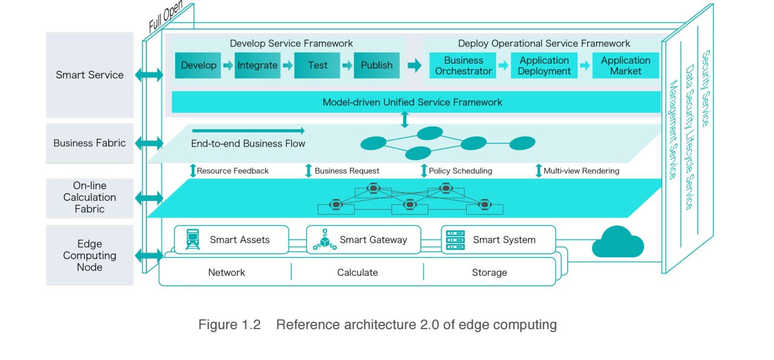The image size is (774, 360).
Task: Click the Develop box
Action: [198, 65]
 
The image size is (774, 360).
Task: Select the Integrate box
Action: [258, 65]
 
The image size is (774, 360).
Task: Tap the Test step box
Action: [317, 65]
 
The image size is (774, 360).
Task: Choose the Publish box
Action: [377, 65]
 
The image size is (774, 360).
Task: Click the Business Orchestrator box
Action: [463, 65]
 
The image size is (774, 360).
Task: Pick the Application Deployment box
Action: [544, 65]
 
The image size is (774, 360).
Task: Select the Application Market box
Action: [625, 65]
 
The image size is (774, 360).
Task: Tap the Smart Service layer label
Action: [89, 75]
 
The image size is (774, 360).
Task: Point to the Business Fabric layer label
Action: [89, 143]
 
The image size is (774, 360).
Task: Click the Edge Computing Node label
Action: [89, 255]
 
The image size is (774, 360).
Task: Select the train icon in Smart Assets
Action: [192, 239]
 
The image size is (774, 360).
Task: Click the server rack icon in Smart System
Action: [455, 240]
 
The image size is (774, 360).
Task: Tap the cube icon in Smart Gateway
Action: [325, 240]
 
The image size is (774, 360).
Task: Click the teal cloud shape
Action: [618, 242]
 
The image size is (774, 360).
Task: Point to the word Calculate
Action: [357, 272]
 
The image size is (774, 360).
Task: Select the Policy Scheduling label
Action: [460, 171]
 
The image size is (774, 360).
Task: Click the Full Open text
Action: [166, 16]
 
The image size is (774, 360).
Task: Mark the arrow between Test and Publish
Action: [347, 65]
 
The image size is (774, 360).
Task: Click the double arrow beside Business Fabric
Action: [149, 143]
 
